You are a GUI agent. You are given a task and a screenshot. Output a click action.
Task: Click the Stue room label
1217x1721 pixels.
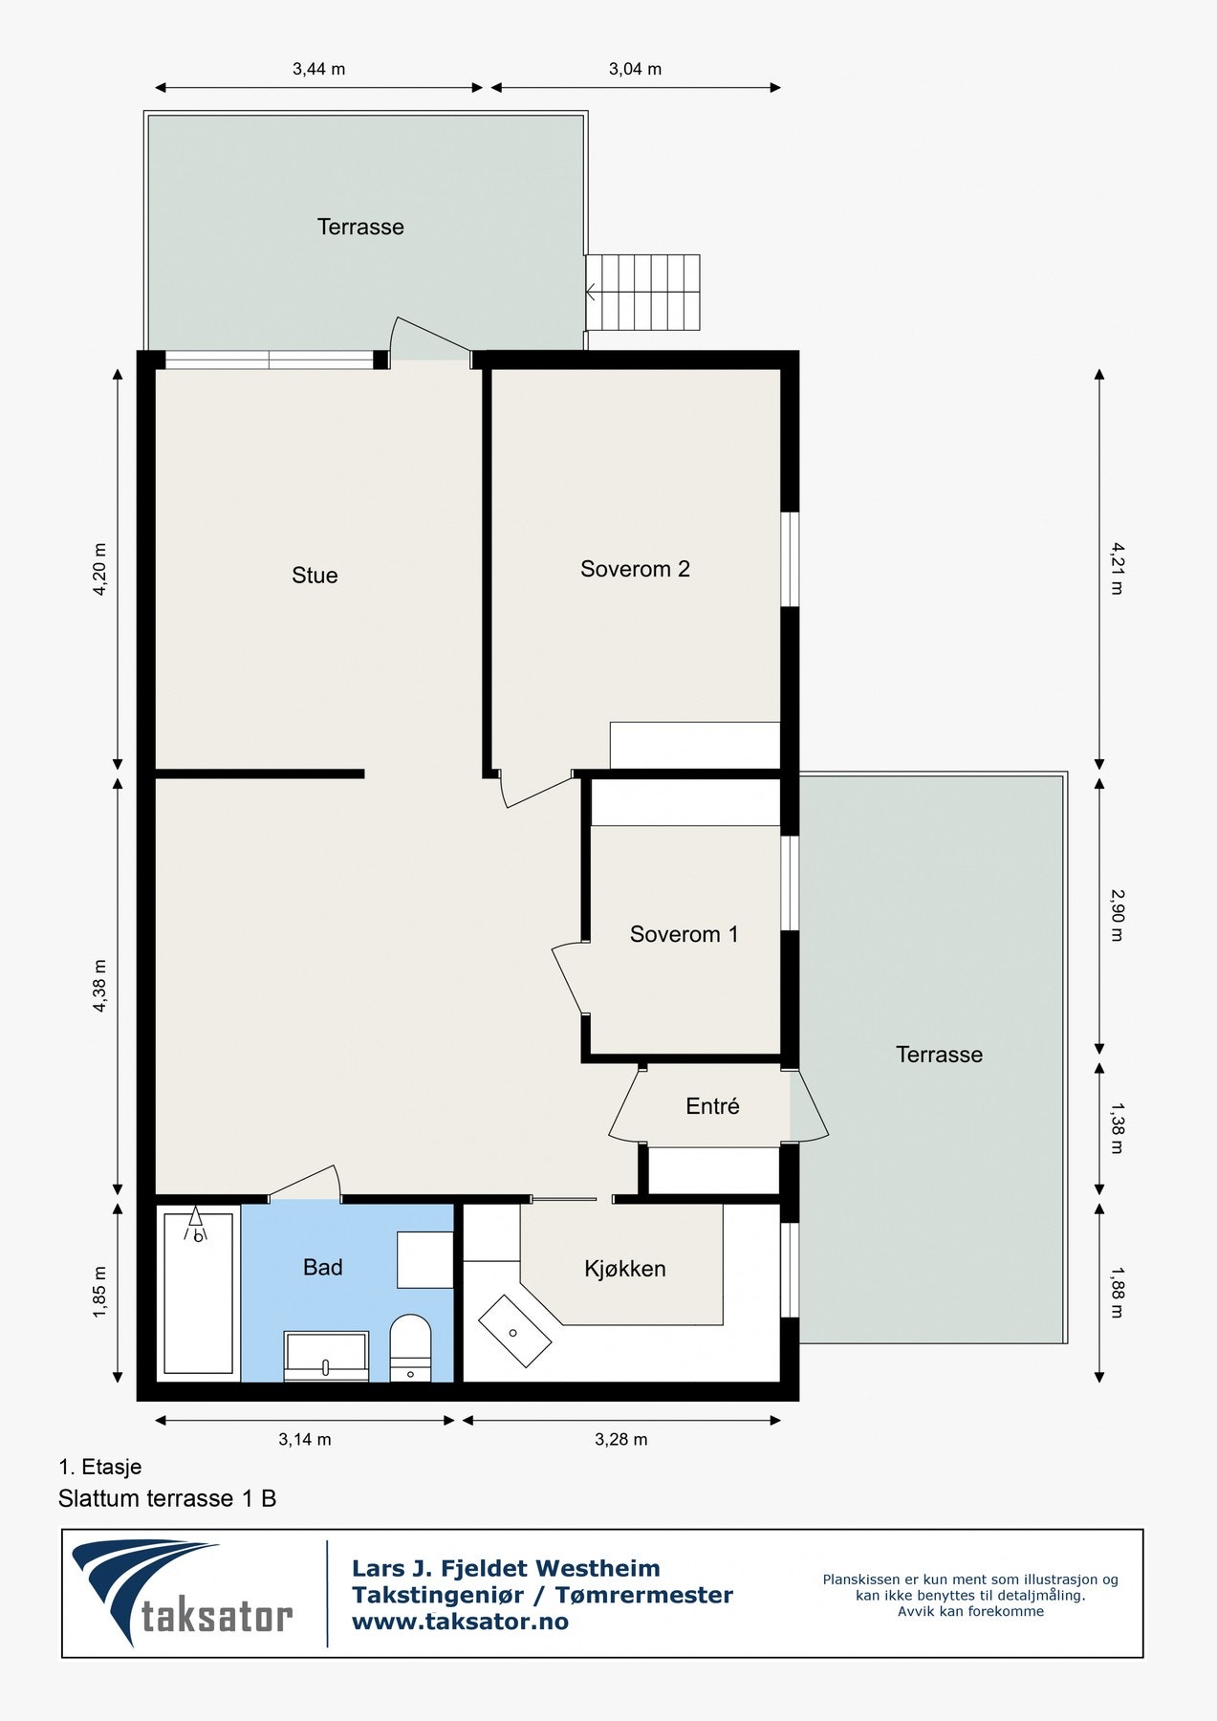pyautogui.click(x=315, y=575)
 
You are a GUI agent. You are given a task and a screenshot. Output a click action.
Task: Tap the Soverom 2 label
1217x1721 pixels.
pyautogui.click(x=635, y=569)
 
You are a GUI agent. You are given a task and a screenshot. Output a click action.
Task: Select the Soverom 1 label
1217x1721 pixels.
pyautogui.click(x=684, y=934)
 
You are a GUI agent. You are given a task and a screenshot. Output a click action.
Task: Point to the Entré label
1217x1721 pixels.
pyautogui.click(x=712, y=1106)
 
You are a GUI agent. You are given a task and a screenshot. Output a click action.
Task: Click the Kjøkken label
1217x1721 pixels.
pyautogui.click(x=625, y=1269)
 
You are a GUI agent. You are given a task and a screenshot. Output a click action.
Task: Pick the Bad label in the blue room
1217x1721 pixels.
pyautogui.click(x=322, y=1267)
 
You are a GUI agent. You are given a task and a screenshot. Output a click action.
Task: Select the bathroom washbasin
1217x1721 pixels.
pyautogui.click(x=326, y=1356)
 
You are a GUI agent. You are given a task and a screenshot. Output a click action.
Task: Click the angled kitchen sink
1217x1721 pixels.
pyautogui.click(x=514, y=1330)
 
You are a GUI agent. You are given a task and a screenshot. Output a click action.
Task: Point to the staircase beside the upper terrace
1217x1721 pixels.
pyautogui.click(x=642, y=292)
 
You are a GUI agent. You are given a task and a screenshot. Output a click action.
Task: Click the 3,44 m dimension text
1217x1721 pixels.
pyautogui.click(x=319, y=69)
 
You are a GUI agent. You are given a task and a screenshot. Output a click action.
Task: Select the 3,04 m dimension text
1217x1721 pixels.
pyautogui.click(x=635, y=69)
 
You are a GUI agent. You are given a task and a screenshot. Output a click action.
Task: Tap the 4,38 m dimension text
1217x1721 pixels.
pyautogui.click(x=99, y=986)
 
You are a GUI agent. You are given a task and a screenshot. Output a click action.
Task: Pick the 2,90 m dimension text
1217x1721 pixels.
pyautogui.click(x=1117, y=915)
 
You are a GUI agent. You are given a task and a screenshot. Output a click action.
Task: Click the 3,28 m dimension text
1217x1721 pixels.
pyautogui.click(x=621, y=1439)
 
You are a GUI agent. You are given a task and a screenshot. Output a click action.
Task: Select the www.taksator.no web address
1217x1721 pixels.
pyautogui.click(x=460, y=1622)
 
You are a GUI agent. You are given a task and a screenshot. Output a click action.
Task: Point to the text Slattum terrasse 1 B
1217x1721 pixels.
pyautogui.click(x=167, y=1498)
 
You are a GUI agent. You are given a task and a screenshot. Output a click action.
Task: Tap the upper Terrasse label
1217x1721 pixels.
pyautogui.click(x=360, y=227)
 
